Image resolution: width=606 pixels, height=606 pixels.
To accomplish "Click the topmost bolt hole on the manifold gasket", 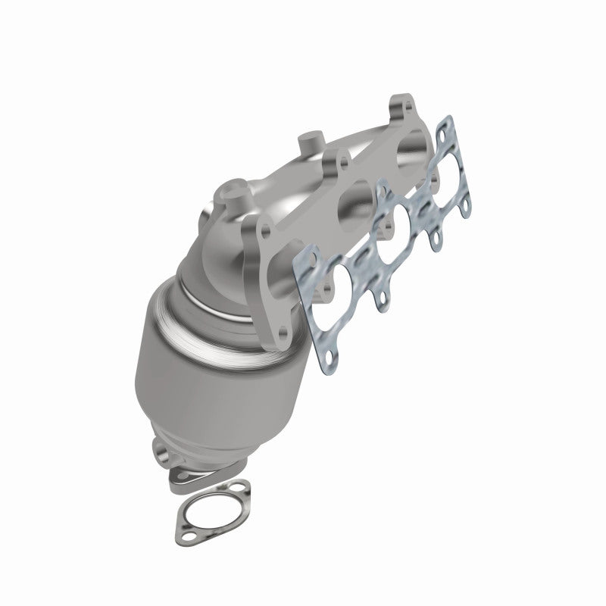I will pyautogui.click(x=447, y=123).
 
